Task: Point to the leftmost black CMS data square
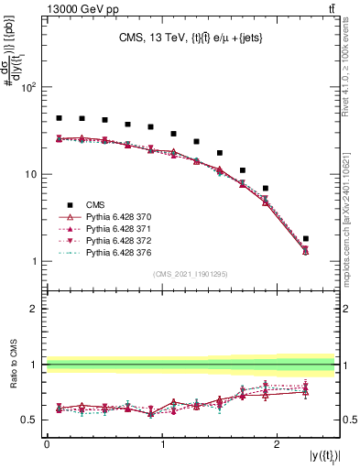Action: tap(59, 118)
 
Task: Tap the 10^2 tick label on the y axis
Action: tap(28, 88)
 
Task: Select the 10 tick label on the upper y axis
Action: tap(31, 175)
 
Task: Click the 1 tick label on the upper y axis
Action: tap(35, 262)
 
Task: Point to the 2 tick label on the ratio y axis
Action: tap(35, 309)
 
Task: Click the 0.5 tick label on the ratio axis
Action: tap(31, 420)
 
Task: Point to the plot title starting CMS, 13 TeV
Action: tap(191, 38)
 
